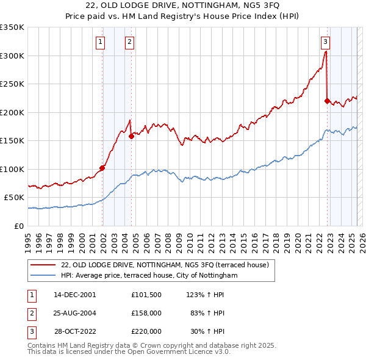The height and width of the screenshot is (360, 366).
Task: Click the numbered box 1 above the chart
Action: click(100, 42)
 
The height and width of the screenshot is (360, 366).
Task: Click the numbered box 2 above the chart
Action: click(130, 42)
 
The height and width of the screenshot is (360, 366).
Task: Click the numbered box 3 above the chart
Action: click(325, 42)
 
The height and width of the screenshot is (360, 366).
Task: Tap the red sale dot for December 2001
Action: click(102, 168)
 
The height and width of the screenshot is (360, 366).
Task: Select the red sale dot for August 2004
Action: click(131, 137)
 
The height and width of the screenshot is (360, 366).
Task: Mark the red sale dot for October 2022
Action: click(328, 101)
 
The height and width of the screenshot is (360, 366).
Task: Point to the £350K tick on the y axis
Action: click(12, 27)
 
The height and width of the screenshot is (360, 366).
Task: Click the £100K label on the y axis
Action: click(12, 169)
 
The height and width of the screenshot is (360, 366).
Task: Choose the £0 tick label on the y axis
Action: click(18, 226)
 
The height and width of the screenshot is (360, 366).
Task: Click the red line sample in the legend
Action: click(44, 265)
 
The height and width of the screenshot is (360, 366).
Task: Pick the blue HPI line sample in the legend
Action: click(44, 276)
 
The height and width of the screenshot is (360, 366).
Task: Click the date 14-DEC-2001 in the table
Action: click(75, 294)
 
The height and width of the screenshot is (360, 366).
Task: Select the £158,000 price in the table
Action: click(146, 313)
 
